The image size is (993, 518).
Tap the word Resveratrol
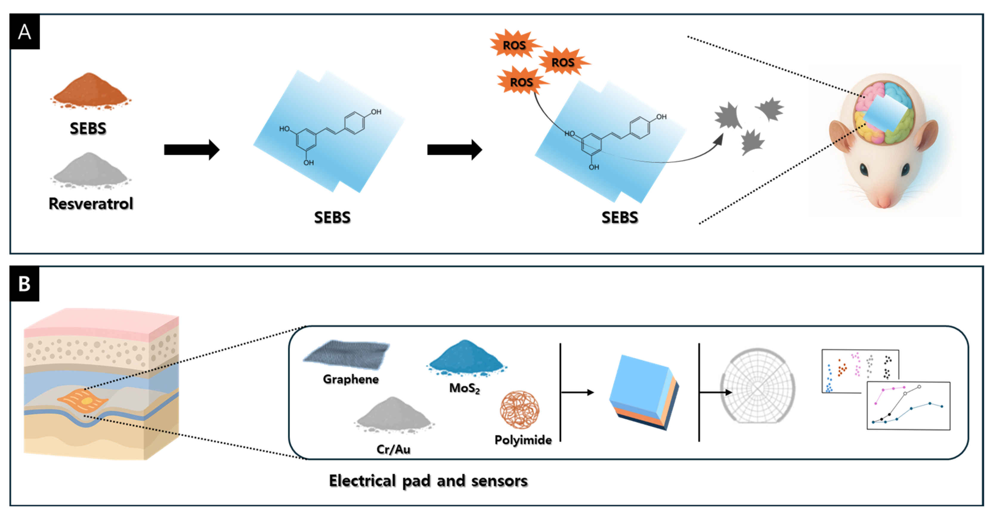point(91,203)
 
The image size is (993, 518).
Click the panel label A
point(25,32)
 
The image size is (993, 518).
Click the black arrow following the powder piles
point(191,149)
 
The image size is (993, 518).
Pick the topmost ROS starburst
point(514,45)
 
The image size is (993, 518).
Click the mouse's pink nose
point(884,201)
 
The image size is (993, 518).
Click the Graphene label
point(350,379)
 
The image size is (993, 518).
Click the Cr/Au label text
point(393,449)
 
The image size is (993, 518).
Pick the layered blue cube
point(643,391)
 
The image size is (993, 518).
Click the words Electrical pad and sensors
point(428,481)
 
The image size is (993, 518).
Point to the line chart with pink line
point(908,406)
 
